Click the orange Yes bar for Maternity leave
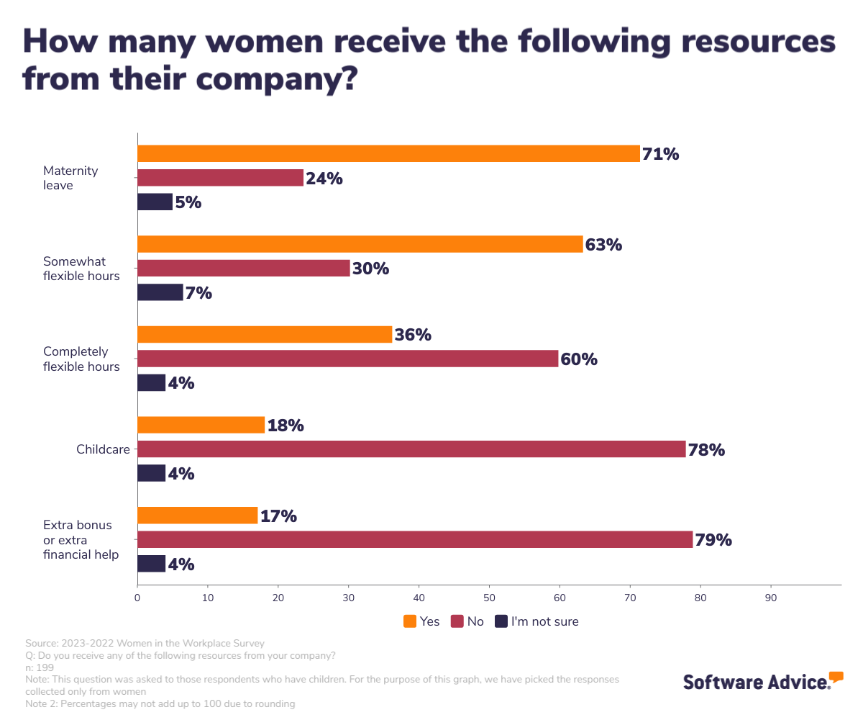click(x=388, y=153)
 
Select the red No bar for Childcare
click(x=411, y=449)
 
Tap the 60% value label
click(x=579, y=359)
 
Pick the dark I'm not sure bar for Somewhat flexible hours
click(x=160, y=292)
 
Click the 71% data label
click(x=660, y=154)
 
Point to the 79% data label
click(x=713, y=540)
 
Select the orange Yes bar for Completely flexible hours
click(x=265, y=335)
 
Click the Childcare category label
click(x=103, y=449)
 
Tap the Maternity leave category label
click(x=70, y=178)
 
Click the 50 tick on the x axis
click(x=489, y=597)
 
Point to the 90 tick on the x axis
click(x=771, y=597)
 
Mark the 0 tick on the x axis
click(x=137, y=597)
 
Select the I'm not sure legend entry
click(x=536, y=621)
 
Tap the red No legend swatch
click(x=457, y=621)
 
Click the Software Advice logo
click(x=762, y=681)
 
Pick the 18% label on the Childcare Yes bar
click(x=286, y=426)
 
